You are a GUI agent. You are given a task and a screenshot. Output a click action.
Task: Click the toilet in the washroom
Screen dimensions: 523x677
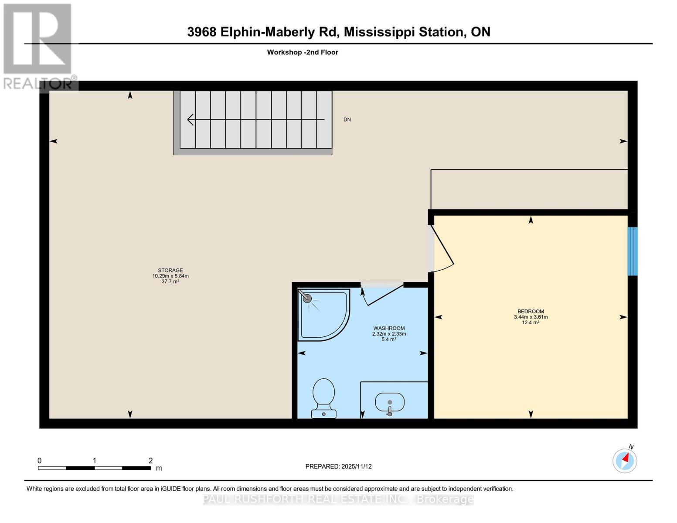coord(323,397)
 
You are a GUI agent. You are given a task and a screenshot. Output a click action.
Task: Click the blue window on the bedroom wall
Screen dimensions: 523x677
coord(632,251)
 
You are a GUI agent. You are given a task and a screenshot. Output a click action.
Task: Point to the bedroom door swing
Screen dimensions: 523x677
coord(442,248)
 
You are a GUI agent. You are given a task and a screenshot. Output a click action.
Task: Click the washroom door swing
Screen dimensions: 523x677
coord(379,294)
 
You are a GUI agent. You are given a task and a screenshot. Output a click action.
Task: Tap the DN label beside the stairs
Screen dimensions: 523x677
coord(347,119)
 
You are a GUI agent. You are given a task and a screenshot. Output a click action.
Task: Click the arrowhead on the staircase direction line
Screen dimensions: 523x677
coord(190,119)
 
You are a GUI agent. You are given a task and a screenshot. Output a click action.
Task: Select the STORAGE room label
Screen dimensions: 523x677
coord(170,270)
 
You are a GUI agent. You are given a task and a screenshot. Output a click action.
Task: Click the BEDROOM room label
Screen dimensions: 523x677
coord(531,311)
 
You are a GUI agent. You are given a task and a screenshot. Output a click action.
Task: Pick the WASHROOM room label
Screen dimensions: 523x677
coord(389,328)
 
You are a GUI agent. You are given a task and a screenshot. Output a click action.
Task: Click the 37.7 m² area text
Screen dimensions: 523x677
coord(170,282)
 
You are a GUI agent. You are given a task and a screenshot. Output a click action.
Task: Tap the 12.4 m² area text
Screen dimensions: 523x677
coord(531,323)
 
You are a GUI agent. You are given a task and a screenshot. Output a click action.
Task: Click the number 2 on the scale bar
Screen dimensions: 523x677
coord(150,461)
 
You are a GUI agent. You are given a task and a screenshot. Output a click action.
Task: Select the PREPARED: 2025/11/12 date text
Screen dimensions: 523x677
coord(338,466)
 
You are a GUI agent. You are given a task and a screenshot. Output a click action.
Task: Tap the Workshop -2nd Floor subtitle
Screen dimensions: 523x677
coord(303,52)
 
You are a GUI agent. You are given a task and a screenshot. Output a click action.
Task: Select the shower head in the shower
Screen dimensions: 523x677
coord(307,299)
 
